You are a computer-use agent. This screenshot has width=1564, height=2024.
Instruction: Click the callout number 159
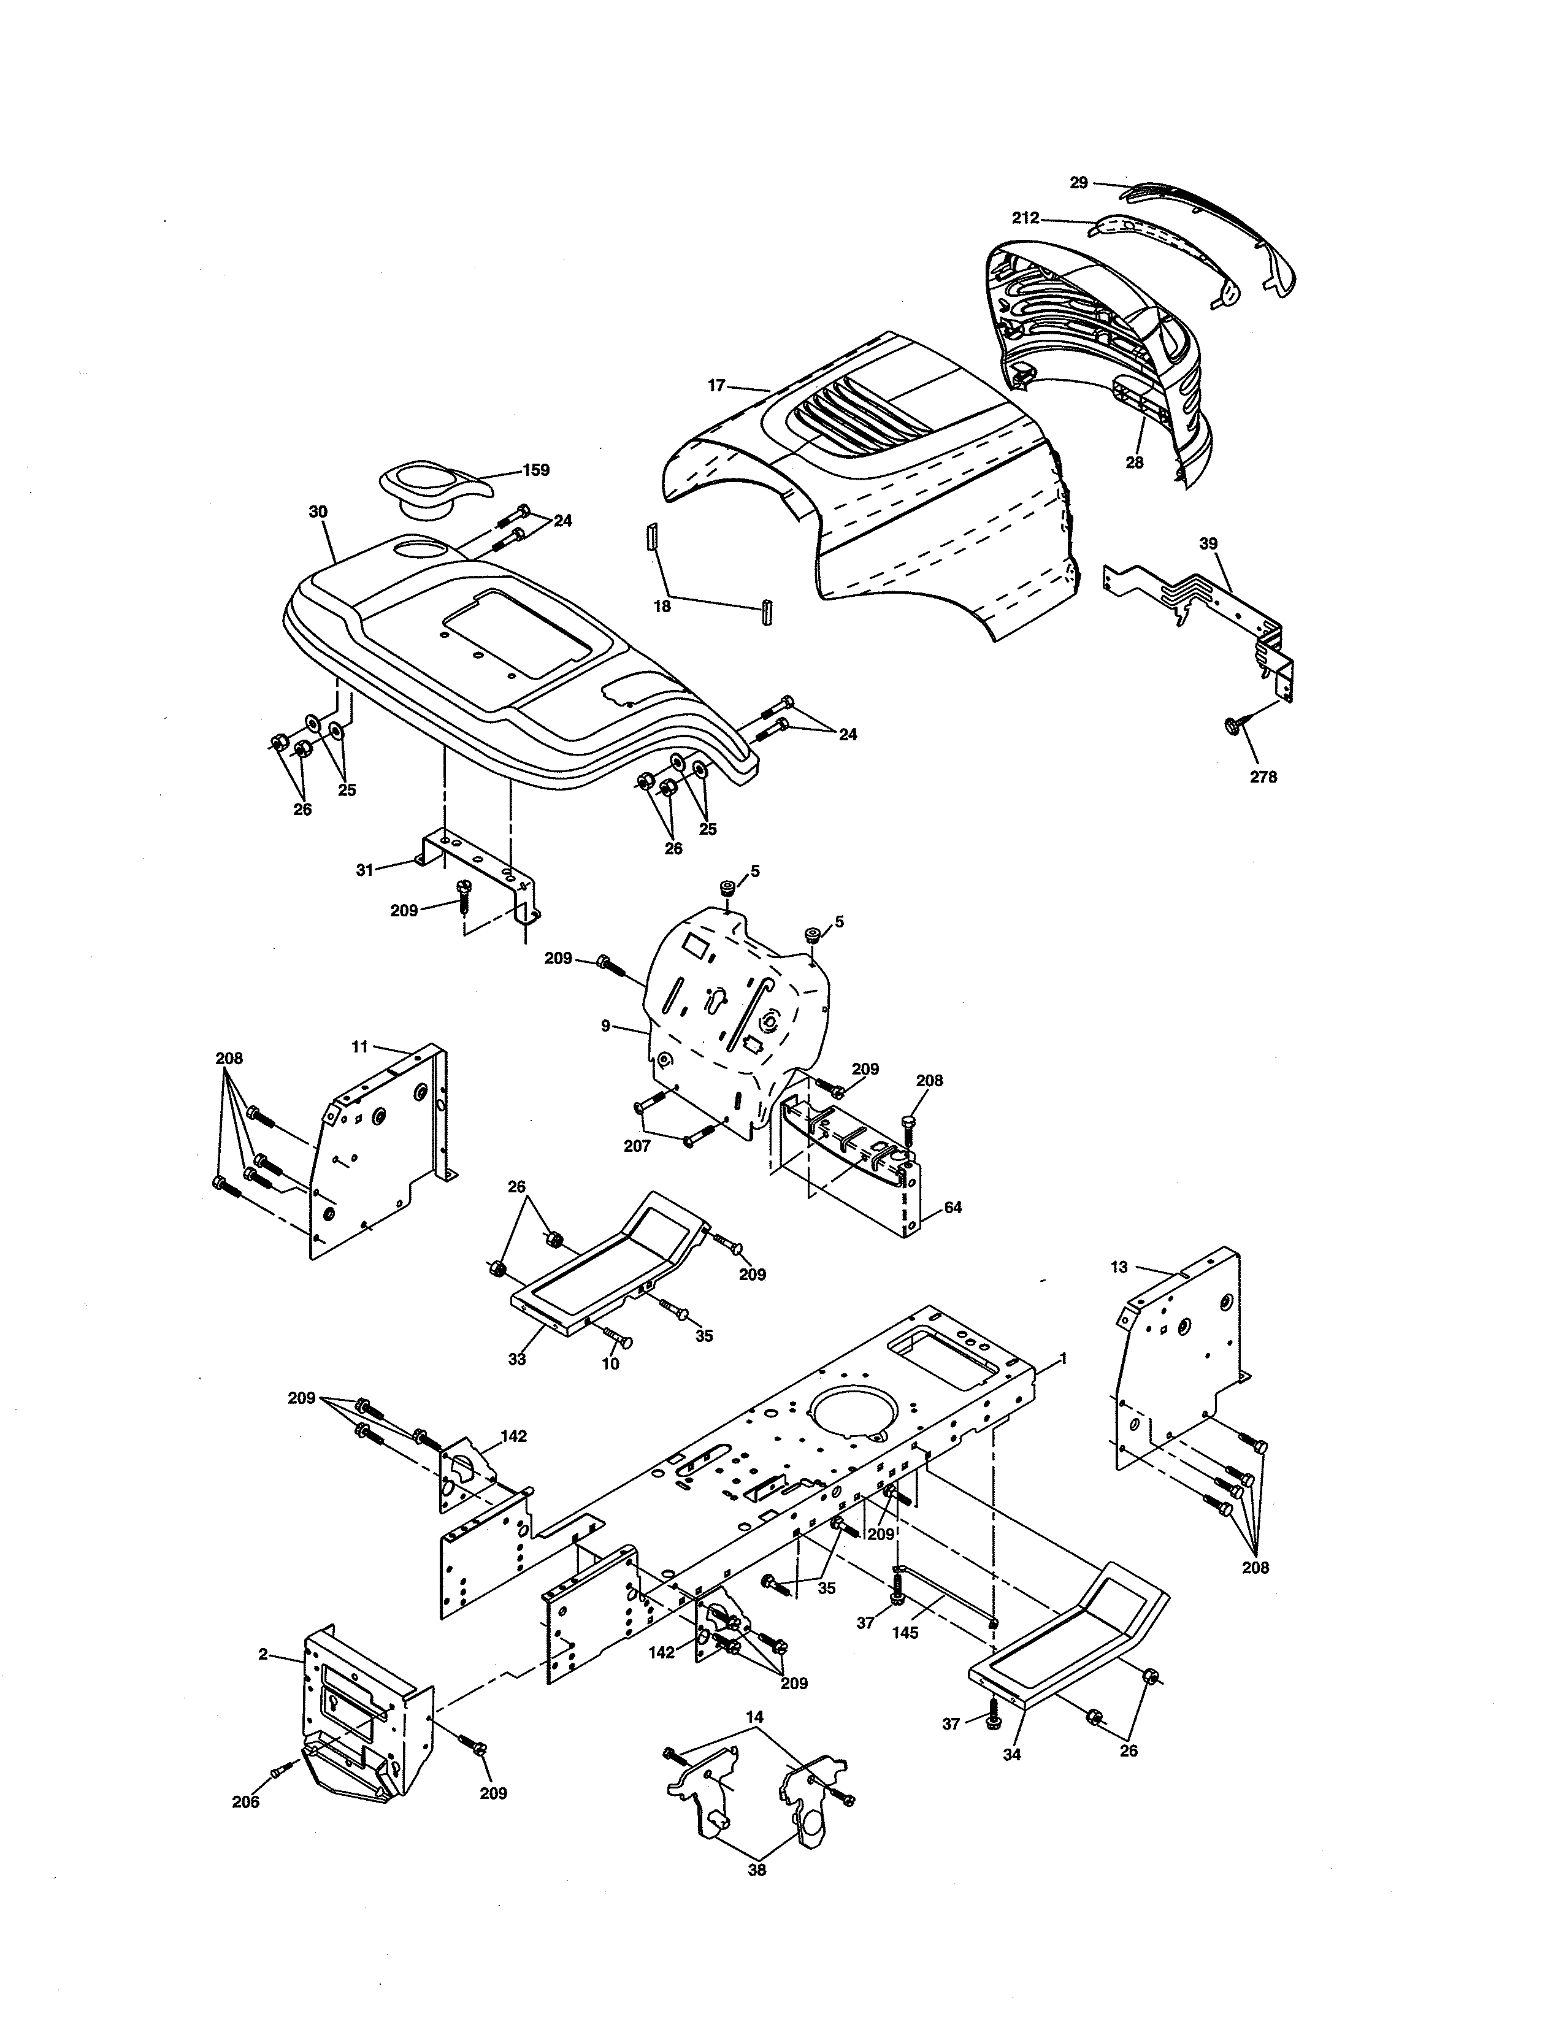tap(535, 470)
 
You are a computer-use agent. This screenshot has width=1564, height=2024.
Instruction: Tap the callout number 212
tap(1025, 219)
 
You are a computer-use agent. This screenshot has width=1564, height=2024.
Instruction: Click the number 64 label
tap(953, 1208)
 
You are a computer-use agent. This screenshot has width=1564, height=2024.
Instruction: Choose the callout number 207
tap(637, 1146)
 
